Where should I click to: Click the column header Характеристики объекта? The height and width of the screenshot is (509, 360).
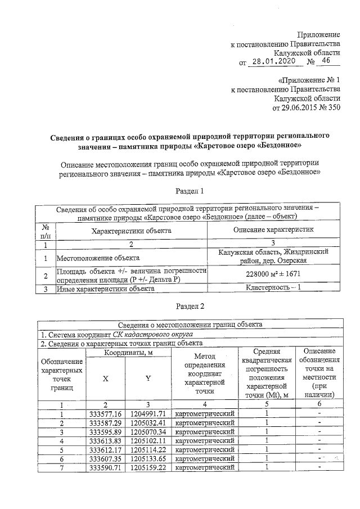132,231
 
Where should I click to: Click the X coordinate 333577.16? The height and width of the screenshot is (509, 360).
105,414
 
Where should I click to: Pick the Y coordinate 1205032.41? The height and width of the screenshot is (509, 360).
147,423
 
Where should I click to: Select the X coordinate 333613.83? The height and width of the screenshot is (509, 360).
105,441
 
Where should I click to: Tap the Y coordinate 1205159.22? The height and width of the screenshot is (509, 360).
147,468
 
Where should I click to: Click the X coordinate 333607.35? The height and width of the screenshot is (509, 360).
105,459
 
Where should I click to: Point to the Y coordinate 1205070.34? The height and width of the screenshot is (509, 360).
147,432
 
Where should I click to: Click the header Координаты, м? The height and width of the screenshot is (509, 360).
127,352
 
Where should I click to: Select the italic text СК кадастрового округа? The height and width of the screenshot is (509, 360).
142,334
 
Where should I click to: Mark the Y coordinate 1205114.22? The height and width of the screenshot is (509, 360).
147,450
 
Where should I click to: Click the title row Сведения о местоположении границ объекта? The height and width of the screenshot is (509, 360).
190,325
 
